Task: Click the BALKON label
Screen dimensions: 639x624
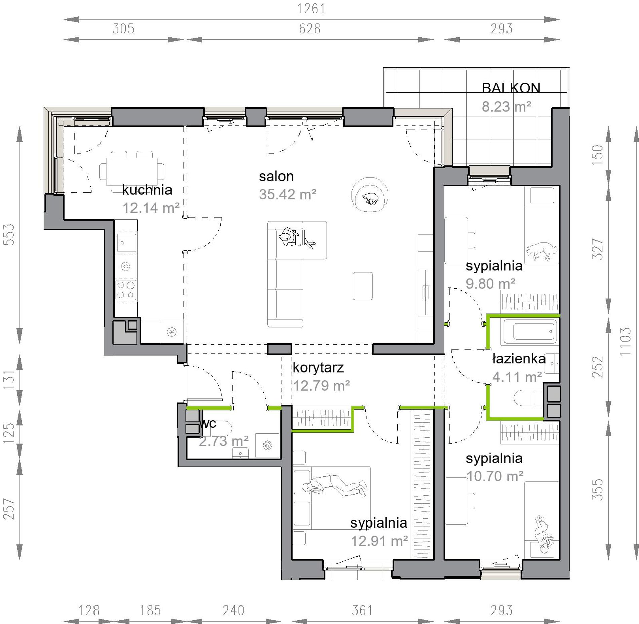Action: pos(511,88)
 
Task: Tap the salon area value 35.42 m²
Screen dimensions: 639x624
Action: pos(288,194)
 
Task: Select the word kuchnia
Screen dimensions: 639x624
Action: pos(147,190)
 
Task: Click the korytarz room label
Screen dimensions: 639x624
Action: pos(318,368)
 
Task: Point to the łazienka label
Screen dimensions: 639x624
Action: pos(519,359)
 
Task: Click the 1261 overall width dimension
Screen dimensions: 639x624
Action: pos(311,9)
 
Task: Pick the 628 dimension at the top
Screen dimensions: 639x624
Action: pos(310,29)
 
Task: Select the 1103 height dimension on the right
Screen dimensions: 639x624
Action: pos(625,341)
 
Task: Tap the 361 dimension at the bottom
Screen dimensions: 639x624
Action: pos(362,610)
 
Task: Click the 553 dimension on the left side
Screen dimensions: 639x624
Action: pos(9,234)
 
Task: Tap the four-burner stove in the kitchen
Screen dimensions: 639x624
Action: pos(126,290)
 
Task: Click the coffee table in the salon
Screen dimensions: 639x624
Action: pos(363,286)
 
